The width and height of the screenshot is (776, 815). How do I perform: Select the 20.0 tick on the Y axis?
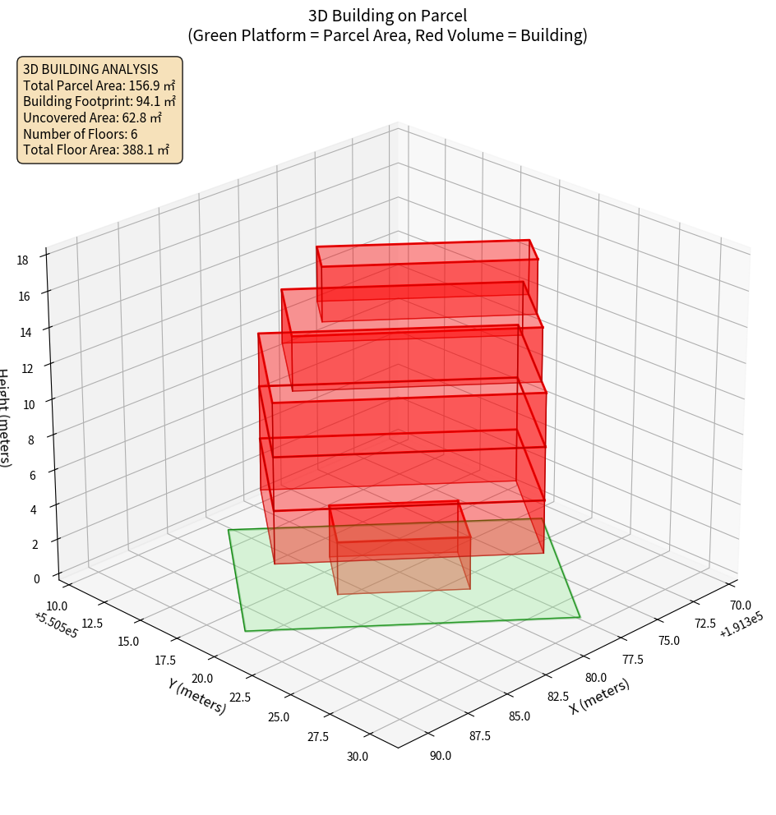pyautogui.click(x=202, y=678)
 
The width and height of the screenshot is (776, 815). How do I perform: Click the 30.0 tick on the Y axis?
pyautogui.click(x=358, y=756)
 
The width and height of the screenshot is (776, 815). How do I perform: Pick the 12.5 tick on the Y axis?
pyautogui.click(x=92, y=623)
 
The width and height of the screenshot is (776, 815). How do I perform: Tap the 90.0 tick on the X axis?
pyautogui.click(x=441, y=755)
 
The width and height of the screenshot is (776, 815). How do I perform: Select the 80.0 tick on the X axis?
pyautogui.click(x=597, y=678)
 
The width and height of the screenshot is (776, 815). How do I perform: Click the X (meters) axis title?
pyautogui.click(x=600, y=696)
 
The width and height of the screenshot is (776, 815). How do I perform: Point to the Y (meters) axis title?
pyautogui.click(x=196, y=695)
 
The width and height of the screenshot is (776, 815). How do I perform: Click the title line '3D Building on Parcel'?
pyautogui.click(x=387, y=15)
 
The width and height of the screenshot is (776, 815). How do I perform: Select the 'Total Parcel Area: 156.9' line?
pyautogui.click(x=99, y=85)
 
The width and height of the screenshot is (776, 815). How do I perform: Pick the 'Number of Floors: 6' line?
pyautogui.click(x=81, y=134)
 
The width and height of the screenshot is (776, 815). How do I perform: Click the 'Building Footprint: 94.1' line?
pyautogui.click(x=99, y=101)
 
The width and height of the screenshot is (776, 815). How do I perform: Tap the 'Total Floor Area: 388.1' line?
pyautogui.click(x=96, y=150)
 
